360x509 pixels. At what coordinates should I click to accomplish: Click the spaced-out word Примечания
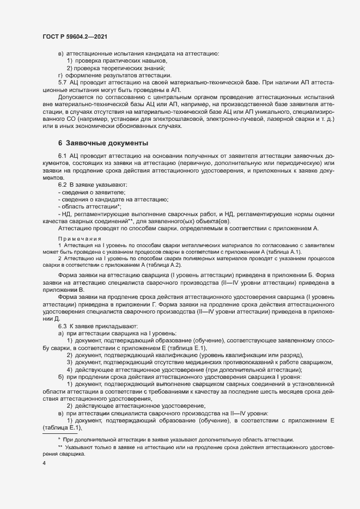tap(76, 238)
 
